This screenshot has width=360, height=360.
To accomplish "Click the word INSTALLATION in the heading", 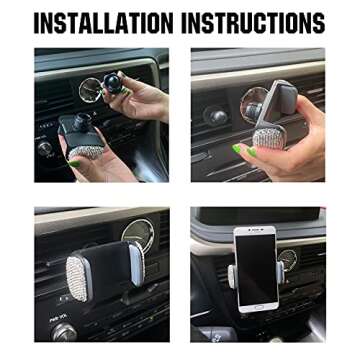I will [102, 22].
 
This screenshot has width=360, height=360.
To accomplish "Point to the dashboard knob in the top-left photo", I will [46, 148].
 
